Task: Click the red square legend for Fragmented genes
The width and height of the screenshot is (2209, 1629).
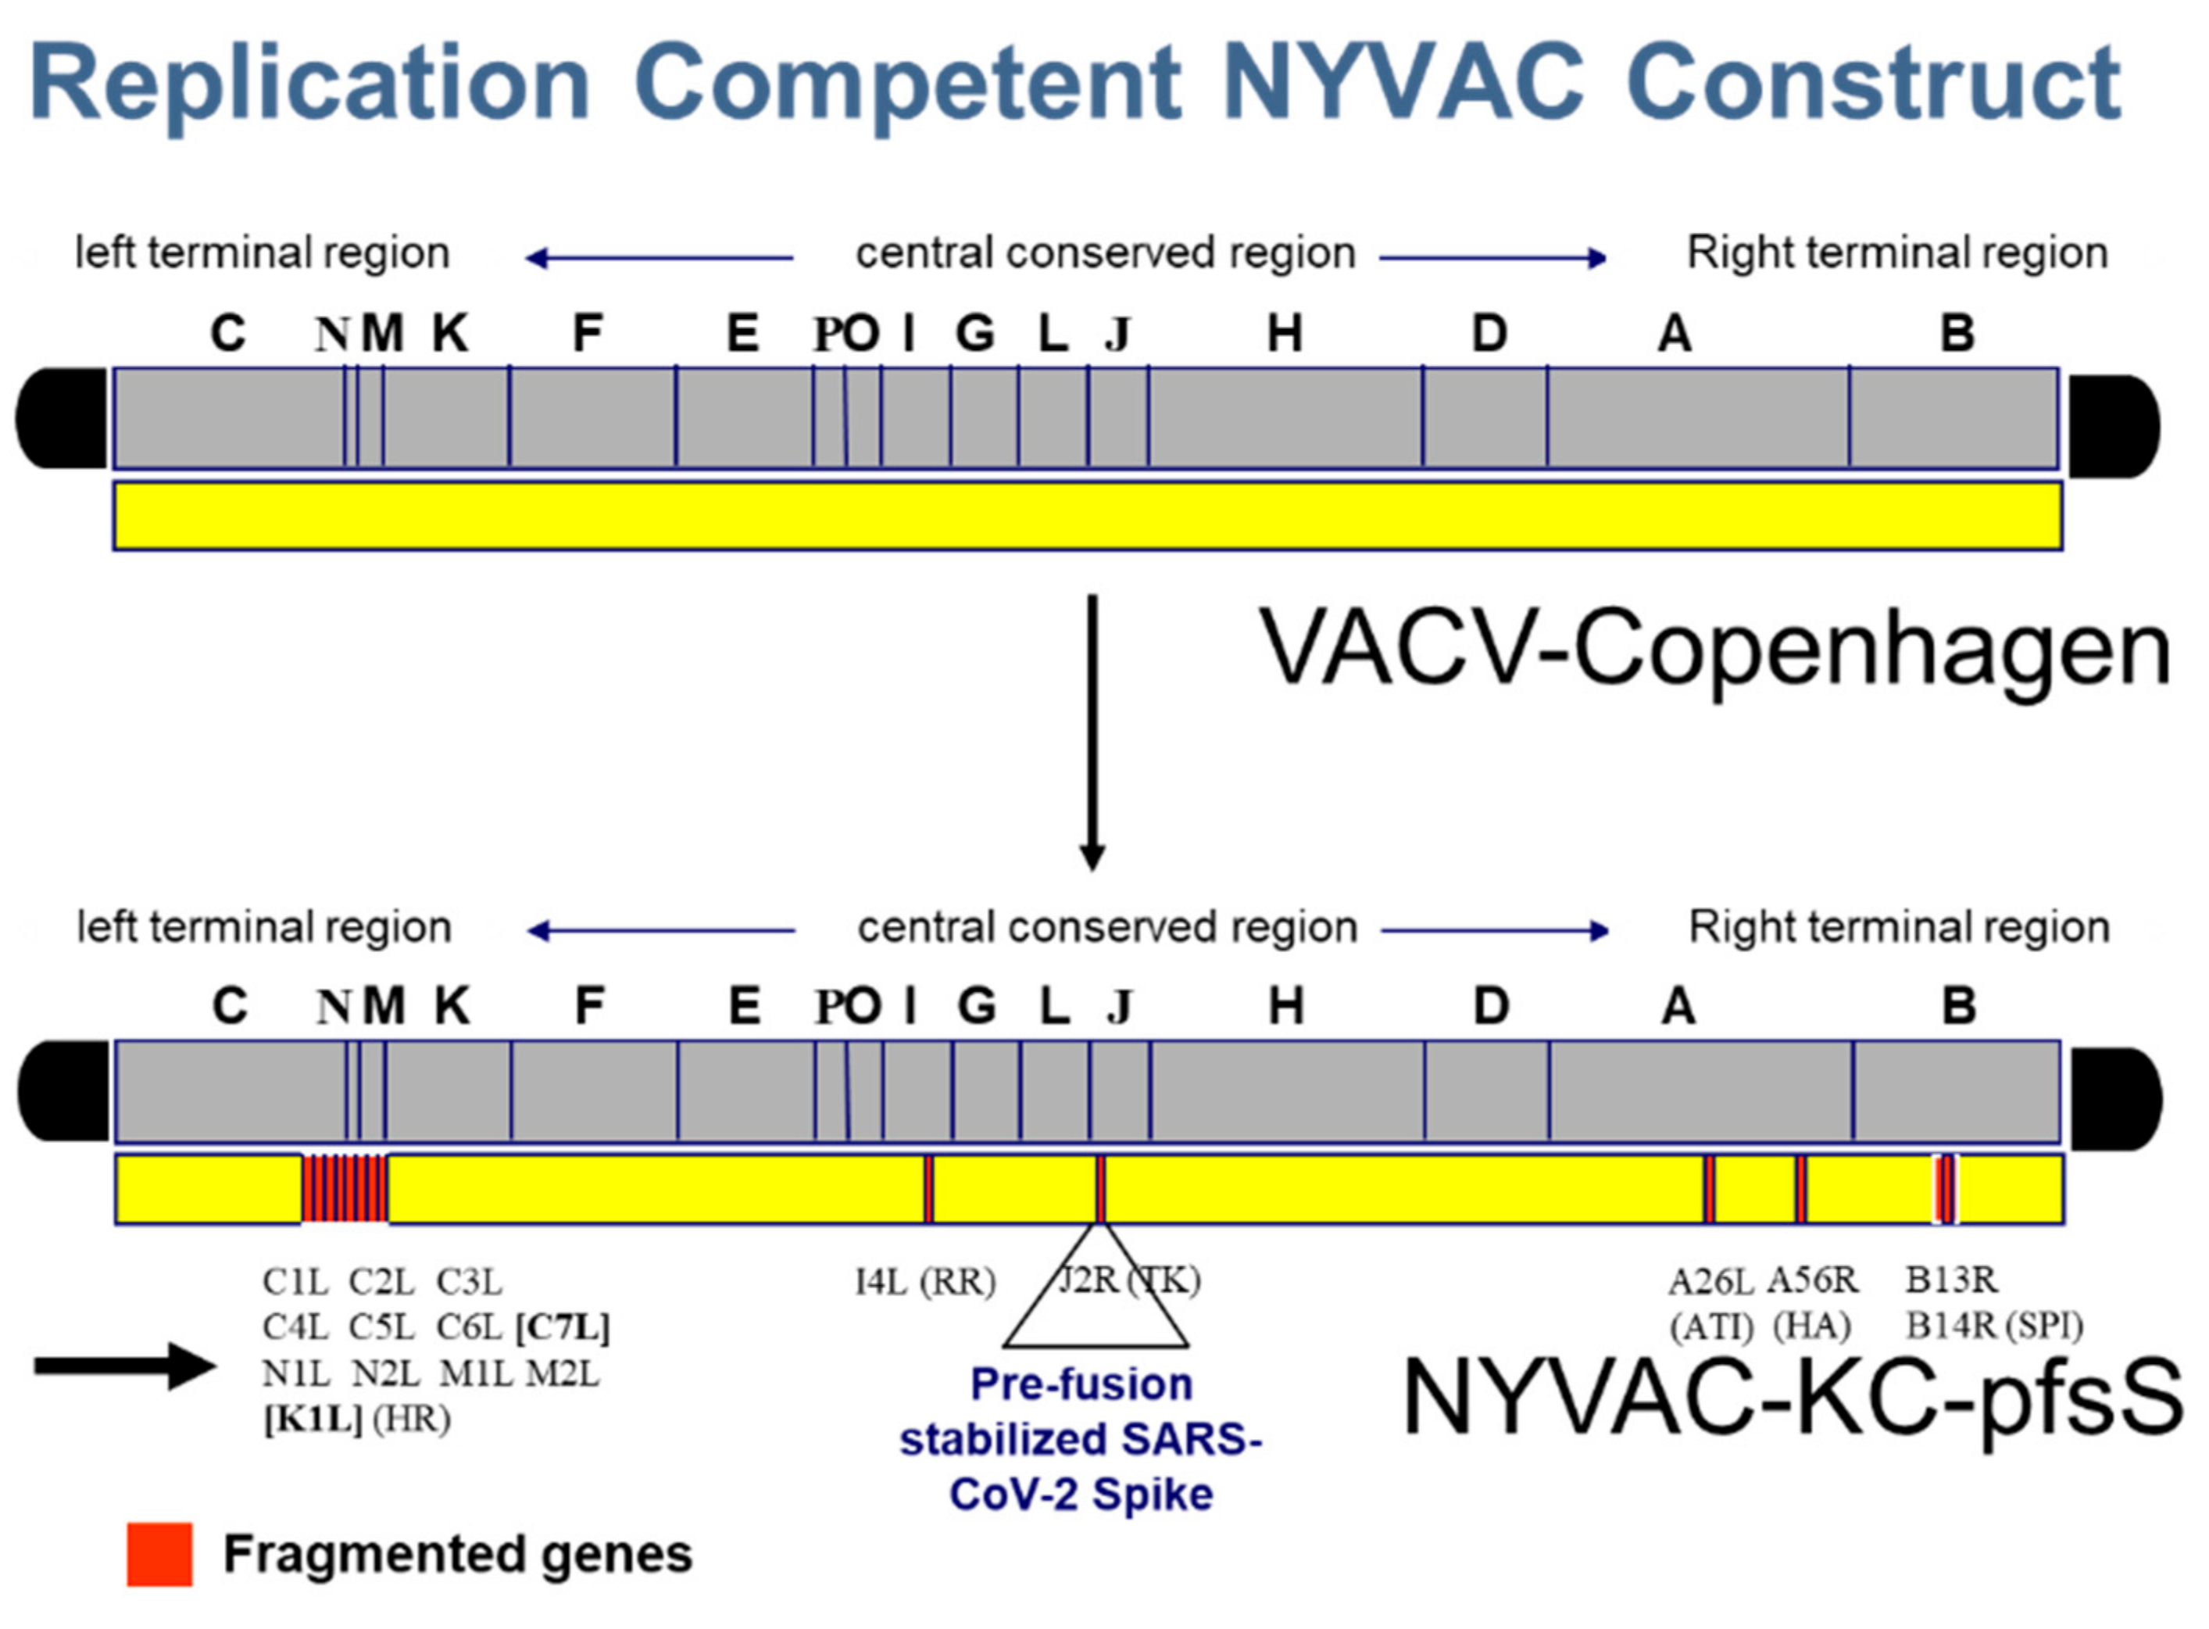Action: tap(159, 1555)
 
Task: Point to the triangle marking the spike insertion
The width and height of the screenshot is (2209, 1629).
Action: tap(1096, 1312)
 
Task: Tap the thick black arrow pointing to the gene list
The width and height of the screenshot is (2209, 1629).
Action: tap(124, 1366)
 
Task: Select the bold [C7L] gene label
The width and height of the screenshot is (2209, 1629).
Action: tap(562, 1327)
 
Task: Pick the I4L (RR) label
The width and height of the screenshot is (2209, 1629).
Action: tap(924, 1282)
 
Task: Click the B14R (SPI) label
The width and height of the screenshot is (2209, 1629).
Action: tap(1993, 1326)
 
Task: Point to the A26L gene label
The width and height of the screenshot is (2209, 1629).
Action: tap(1710, 1282)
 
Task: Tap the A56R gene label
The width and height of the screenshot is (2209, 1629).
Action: tap(1812, 1281)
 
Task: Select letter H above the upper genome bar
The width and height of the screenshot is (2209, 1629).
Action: tap(1283, 335)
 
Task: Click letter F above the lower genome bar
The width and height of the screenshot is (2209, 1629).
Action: tap(588, 1007)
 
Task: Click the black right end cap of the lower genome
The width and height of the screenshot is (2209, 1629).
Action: tap(2114, 1098)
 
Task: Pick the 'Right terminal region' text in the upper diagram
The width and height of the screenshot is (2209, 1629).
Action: tap(1896, 253)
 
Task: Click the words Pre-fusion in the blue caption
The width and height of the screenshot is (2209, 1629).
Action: tap(1081, 1384)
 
